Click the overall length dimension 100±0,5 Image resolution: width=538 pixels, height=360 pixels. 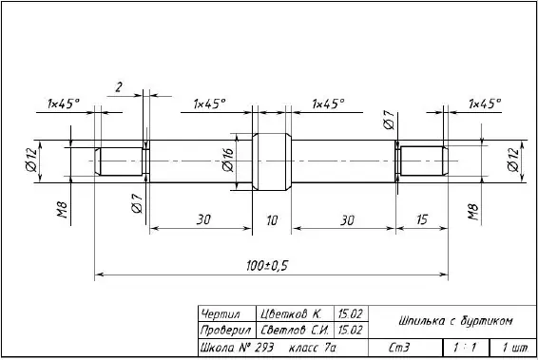pyautogui.click(x=267, y=266)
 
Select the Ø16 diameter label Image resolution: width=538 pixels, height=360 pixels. pyautogui.click(x=228, y=160)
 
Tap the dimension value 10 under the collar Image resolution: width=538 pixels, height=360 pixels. pyautogui.click(x=272, y=220)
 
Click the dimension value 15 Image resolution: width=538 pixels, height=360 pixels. pyautogui.click(x=422, y=219)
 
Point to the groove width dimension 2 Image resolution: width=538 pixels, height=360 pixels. pyautogui.click(x=119, y=87)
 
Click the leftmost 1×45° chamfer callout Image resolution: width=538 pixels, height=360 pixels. pyautogui.click(x=63, y=104)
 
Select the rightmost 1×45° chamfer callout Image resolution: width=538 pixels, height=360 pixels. pyautogui.click(x=485, y=103)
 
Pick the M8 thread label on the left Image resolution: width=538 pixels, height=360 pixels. pyautogui.click(x=62, y=210)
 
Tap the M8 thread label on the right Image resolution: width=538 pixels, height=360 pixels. pyautogui.click(x=472, y=212)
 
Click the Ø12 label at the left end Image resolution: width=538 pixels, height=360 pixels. pyautogui.click(x=30, y=160)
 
